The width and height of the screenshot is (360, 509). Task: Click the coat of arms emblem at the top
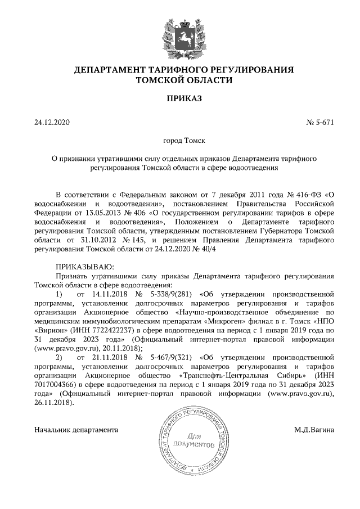click(179, 35)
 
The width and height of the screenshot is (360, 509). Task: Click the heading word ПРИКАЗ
click(179, 99)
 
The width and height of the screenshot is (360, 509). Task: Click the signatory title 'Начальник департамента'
click(76, 430)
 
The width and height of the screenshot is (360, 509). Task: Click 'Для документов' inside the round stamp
click(193, 440)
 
